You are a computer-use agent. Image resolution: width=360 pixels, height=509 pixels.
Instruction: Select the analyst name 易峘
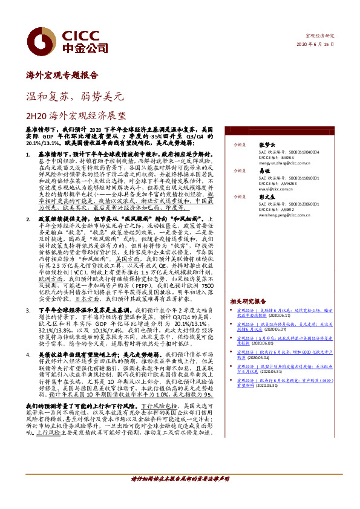coord(264,170)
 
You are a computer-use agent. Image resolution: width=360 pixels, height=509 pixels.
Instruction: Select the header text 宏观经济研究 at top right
coord(321,36)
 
